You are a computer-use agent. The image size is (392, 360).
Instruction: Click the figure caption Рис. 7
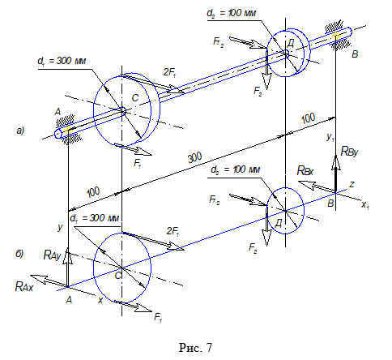click(195, 347)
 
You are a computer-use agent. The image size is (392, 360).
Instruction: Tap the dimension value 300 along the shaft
click(194, 157)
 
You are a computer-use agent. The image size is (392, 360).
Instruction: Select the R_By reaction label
click(349, 152)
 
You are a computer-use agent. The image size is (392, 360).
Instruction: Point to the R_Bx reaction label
click(305, 170)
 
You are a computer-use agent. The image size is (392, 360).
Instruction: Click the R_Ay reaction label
click(52, 255)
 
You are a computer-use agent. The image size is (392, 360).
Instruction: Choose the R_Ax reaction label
click(24, 286)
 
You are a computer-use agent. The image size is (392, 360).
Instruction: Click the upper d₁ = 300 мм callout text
click(62, 61)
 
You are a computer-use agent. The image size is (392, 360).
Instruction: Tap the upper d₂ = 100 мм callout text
click(231, 13)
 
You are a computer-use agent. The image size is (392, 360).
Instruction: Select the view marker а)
click(20, 131)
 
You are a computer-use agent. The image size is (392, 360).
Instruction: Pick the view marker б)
click(19, 254)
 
